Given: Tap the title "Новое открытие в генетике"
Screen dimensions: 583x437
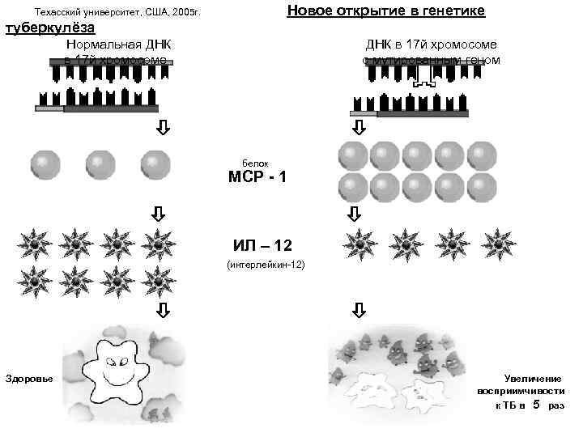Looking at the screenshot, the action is [386, 11].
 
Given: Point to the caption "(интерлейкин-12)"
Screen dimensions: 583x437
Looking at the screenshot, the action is [266, 265].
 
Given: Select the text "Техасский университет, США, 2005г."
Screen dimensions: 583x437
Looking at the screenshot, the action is [117, 13].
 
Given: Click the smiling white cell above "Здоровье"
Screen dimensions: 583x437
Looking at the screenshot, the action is [118, 368].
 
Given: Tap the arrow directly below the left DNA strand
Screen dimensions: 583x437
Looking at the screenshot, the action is [162, 128].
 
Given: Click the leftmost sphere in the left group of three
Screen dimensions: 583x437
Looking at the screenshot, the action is [45, 164].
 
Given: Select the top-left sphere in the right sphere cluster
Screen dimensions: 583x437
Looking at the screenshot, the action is [352, 155].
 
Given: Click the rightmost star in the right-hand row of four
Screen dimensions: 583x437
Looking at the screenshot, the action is [493, 242].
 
